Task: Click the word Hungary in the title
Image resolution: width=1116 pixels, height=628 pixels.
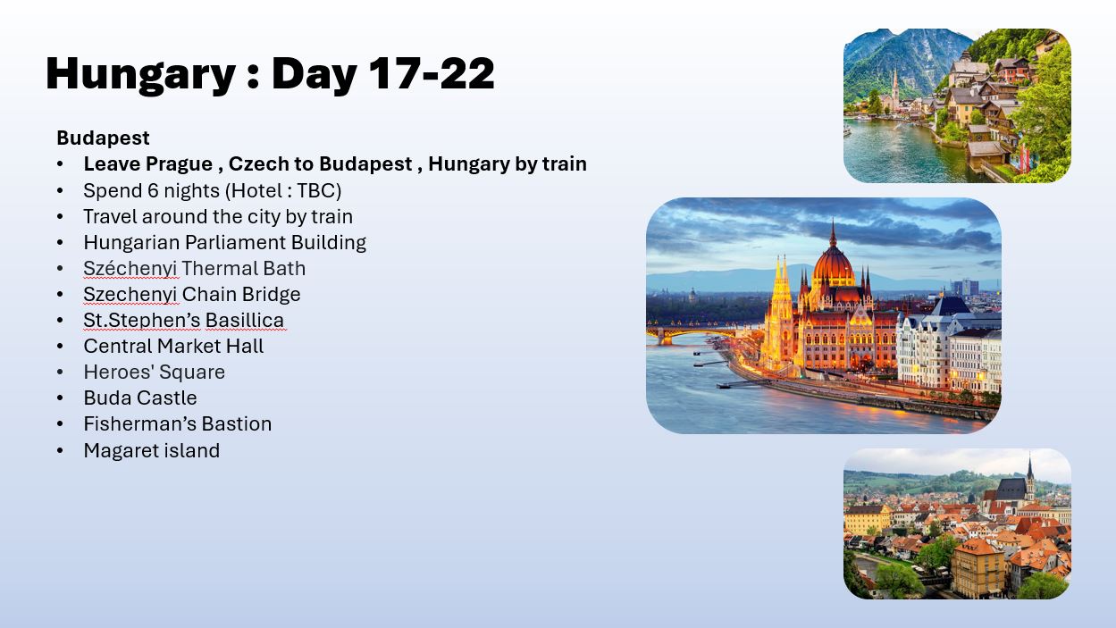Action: click(140, 75)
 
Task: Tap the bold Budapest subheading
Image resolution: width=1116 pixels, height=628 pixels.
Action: click(103, 138)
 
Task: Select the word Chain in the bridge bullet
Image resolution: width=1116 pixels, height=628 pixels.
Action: click(209, 294)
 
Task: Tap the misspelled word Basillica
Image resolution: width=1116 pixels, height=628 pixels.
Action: click(245, 320)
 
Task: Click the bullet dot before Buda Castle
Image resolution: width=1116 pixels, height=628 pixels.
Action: click(60, 398)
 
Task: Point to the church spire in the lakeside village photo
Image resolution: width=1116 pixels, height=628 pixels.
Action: click(895, 88)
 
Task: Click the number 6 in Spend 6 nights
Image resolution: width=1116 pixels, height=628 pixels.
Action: click(154, 190)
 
